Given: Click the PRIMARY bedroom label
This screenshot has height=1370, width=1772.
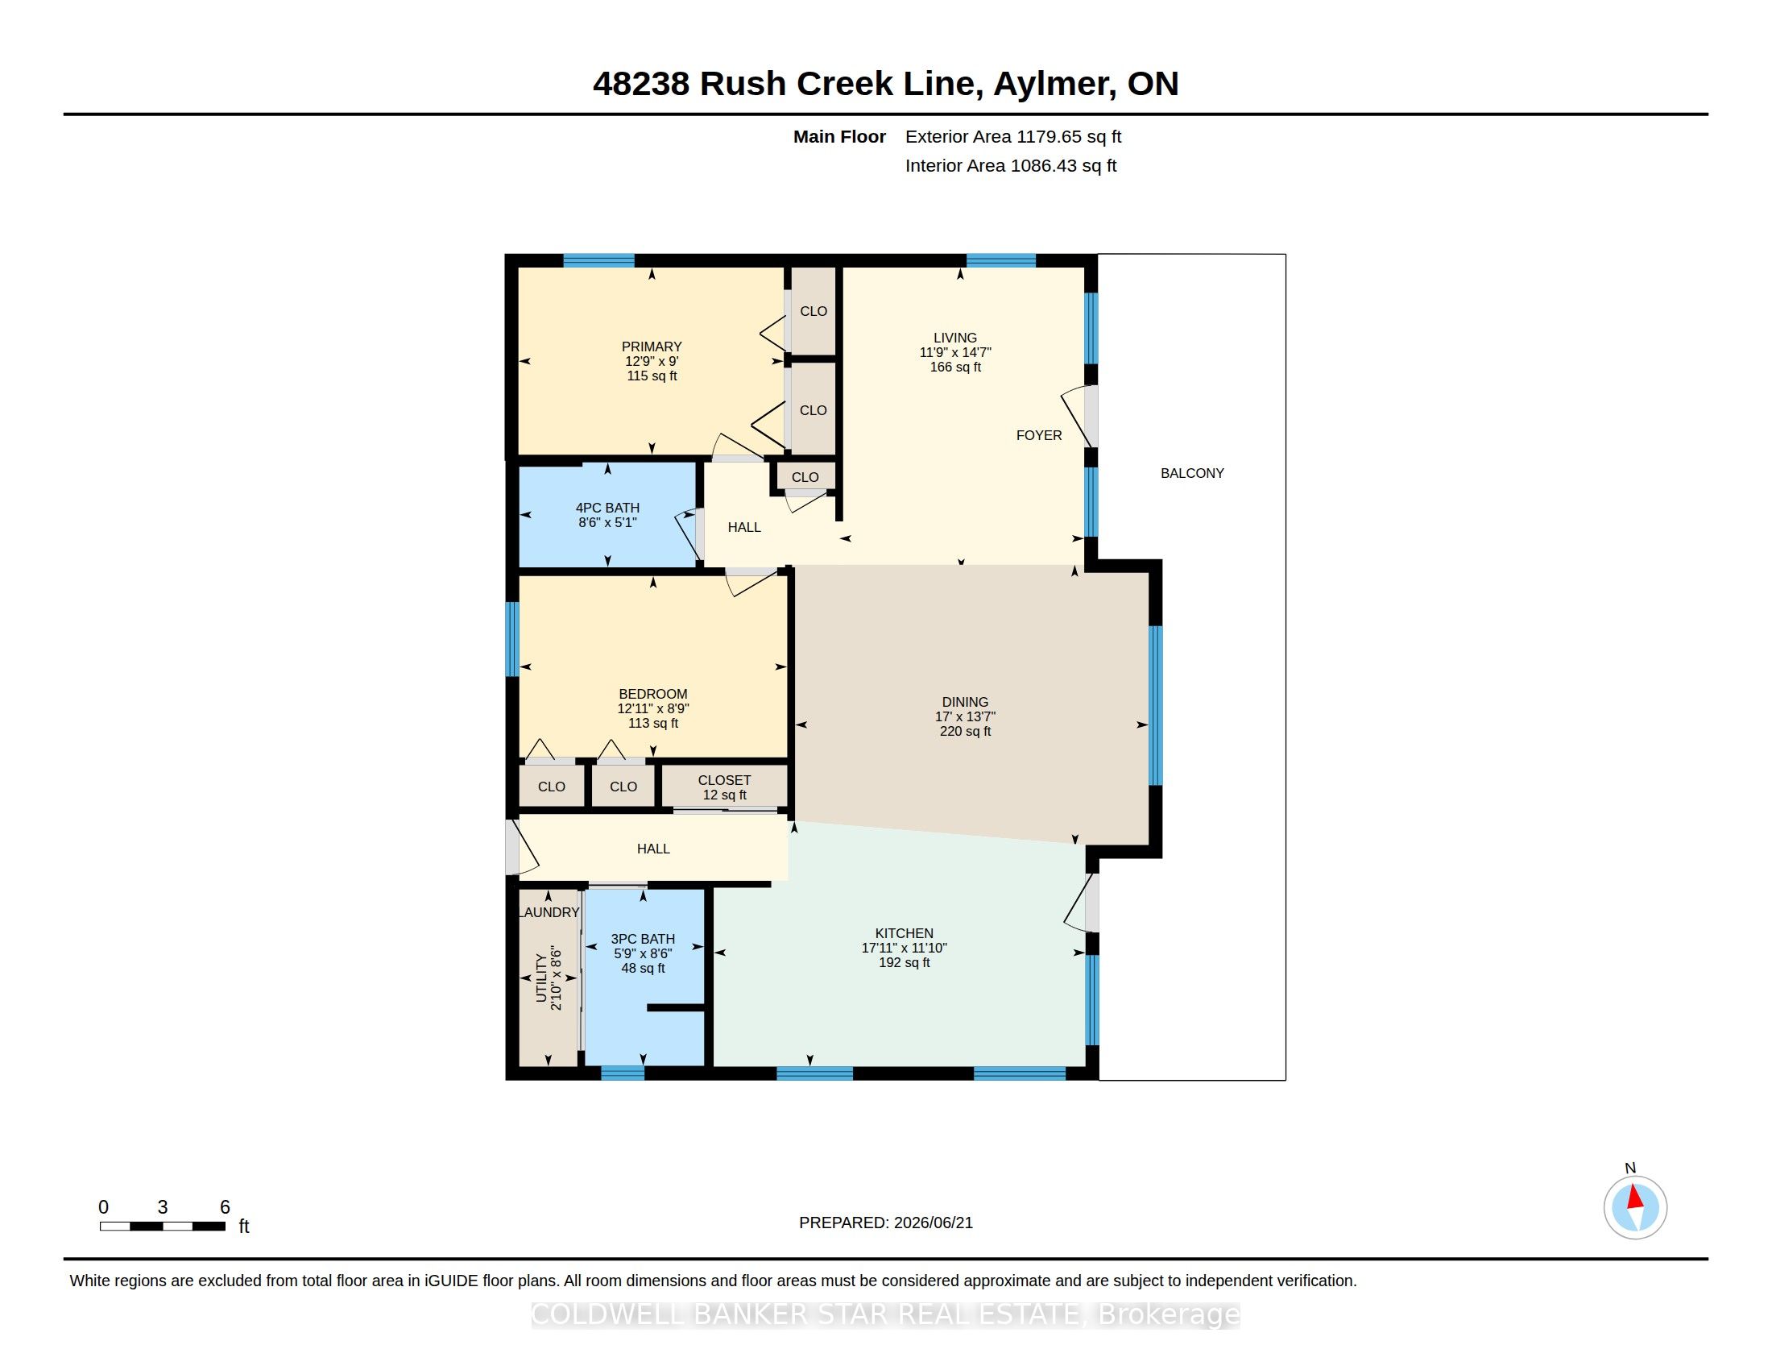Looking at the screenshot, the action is pos(652,347).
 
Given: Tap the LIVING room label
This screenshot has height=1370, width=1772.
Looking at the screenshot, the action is pos(955,338).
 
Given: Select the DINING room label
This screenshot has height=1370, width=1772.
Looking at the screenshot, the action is pos(965,702).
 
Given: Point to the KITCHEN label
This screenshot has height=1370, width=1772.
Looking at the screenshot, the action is pos(904,933).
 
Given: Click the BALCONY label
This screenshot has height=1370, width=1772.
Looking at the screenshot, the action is pos(1192,473).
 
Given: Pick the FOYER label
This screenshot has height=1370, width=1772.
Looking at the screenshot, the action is pos(1038,435).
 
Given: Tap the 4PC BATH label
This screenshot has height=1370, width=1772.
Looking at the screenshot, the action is pos(607,508).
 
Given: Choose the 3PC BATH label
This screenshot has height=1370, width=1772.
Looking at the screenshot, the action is pos(643,939).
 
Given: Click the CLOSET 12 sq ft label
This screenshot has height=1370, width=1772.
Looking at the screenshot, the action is pos(725,787).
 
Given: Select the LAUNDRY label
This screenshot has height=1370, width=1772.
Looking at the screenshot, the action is pos(549,912).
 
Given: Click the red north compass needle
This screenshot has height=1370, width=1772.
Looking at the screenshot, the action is pos(1635,1197).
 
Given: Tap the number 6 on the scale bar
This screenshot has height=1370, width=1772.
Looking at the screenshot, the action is pos(225,1207).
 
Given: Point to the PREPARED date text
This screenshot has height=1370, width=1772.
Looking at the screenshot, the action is pos(885,1223).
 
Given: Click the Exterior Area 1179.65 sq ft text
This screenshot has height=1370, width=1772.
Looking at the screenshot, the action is pos(1013,137).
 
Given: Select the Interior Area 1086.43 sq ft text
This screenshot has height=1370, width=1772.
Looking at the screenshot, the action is pos(1011,165).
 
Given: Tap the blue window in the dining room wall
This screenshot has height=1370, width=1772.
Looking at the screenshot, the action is pos(1155,705).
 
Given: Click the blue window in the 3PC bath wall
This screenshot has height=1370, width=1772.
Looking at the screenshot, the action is pos(623,1073).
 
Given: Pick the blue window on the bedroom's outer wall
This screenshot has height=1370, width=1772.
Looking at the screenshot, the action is pos(512,639).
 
